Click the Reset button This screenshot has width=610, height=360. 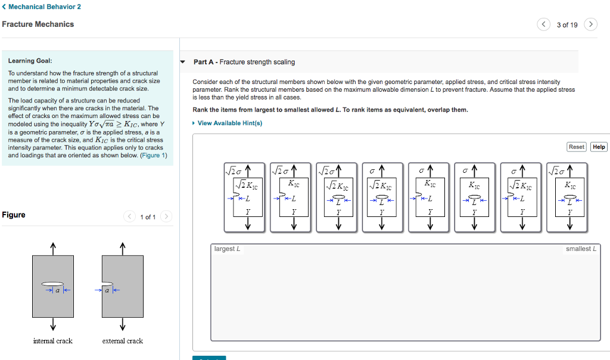576,147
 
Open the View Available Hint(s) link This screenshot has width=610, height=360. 229,123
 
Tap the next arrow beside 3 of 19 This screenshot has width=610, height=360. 590,24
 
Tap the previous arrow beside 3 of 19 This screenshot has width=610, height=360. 544,24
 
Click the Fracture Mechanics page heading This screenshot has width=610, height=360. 38,24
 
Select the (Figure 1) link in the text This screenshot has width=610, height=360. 154,156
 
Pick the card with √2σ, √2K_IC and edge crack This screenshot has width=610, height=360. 247,197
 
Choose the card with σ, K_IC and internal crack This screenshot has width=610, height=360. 474,197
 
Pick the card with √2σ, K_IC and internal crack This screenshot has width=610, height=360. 569,197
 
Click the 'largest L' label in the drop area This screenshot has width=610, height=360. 227,249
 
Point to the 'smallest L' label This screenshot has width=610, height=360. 581,249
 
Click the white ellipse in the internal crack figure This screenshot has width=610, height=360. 53,284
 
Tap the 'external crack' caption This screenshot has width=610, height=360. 122,341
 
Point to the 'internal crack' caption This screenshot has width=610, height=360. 52,341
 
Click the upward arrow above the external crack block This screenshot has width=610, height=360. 122,247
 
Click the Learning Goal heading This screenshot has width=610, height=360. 30,61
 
